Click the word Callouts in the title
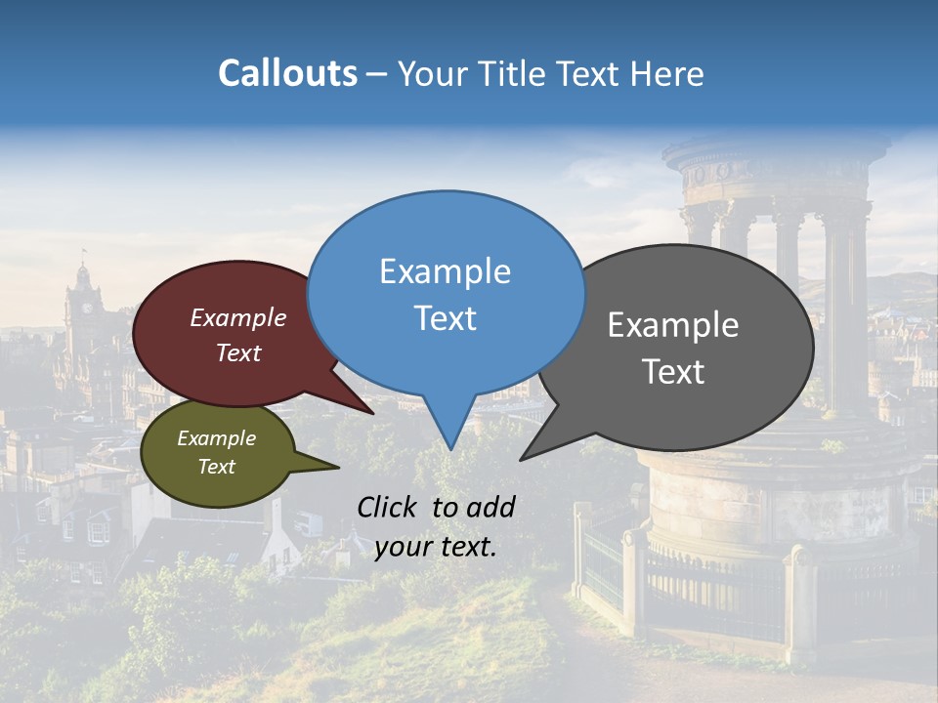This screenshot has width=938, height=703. pyautogui.click(x=287, y=73)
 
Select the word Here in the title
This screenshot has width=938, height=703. pyautogui.click(x=667, y=73)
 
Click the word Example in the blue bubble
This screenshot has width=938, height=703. pyautogui.click(x=445, y=271)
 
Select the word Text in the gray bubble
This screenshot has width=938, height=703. pyautogui.click(x=673, y=372)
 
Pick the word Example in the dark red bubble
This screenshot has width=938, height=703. pyautogui.click(x=237, y=317)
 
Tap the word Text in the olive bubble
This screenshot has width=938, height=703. pyautogui.click(x=216, y=467)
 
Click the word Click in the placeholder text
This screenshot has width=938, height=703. pyautogui.click(x=388, y=507)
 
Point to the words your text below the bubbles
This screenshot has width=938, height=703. pyautogui.click(x=435, y=547)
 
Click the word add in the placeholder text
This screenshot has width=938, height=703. pyautogui.click(x=490, y=507)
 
